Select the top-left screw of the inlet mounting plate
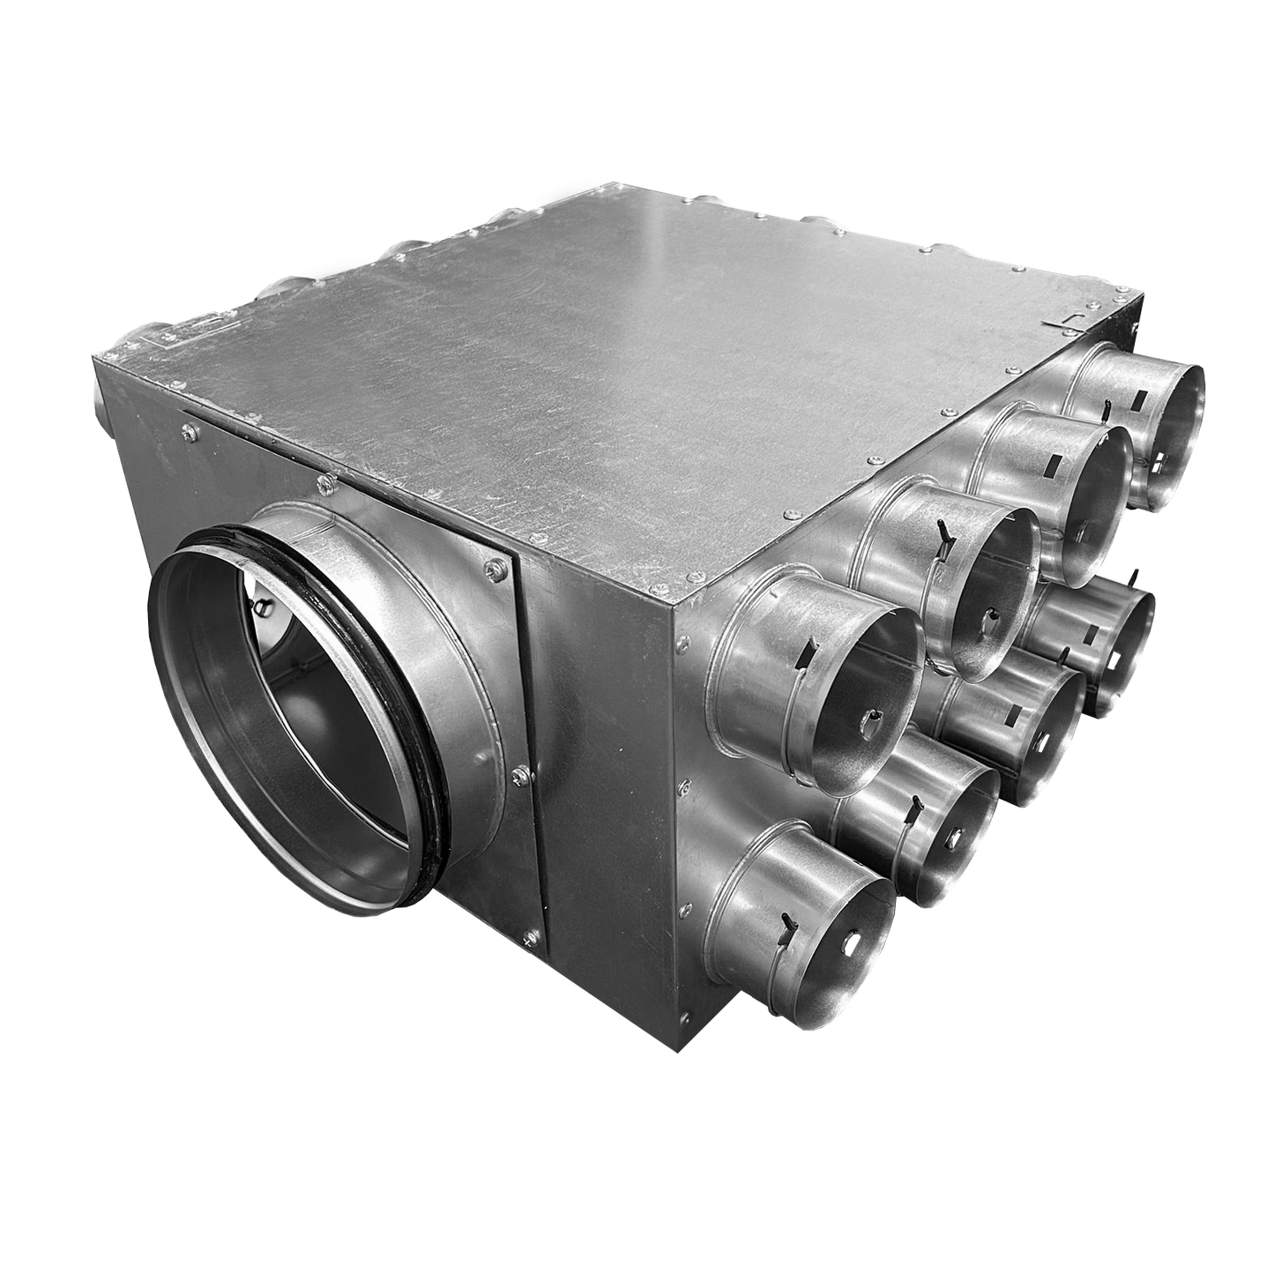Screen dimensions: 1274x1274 188,430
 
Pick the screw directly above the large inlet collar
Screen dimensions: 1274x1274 327,483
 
